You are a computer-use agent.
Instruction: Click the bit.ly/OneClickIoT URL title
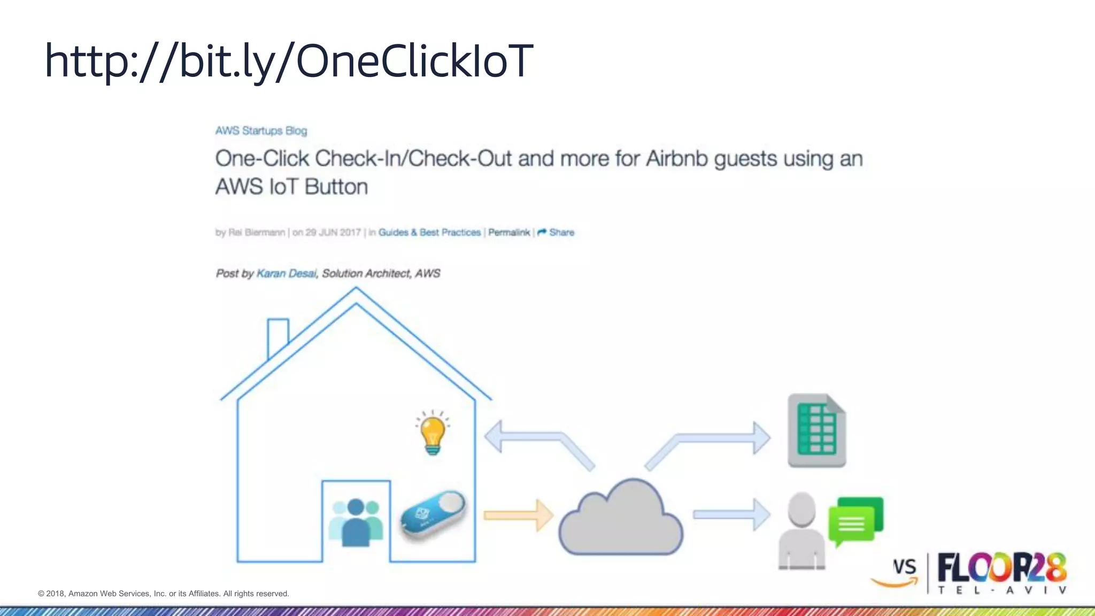click(x=289, y=61)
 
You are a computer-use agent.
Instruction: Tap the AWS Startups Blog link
click(x=261, y=131)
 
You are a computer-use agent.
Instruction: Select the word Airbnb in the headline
click(x=677, y=159)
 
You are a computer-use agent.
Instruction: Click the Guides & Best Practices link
click(x=429, y=233)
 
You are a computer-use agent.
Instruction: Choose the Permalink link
click(x=508, y=233)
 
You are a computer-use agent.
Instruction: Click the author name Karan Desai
click(x=287, y=274)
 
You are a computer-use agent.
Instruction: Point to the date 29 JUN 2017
click(x=333, y=233)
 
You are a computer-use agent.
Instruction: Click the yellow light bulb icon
click(x=433, y=433)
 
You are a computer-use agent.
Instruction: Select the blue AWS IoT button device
click(x=433, y=515)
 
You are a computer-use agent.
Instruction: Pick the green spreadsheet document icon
click(x=816, y=430)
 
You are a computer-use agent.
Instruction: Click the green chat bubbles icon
click(x=855, y=520)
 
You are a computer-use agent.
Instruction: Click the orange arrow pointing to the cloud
click(x=518, y=515)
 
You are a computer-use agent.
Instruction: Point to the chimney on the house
click(x=277, y=334)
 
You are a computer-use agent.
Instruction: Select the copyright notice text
click(x=164, y=594)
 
